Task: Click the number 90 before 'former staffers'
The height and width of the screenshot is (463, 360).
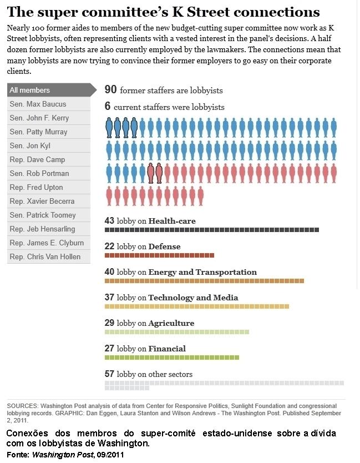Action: click(x=110, y=90)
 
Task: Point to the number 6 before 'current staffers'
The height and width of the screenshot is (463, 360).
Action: click(x=108, y=107)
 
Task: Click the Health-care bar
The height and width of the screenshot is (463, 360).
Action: click(x=211, y=230)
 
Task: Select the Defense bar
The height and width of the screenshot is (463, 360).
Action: click(x=159, y=255)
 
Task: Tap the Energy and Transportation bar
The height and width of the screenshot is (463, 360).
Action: click(x=204, y=281)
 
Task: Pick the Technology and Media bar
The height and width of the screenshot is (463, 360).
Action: click(x=197, y=306)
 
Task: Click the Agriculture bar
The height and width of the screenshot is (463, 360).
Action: click(x=177, y=332)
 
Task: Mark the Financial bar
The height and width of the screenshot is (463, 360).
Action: click(x=172, y=358)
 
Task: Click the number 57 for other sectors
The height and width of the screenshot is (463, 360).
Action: click(x=109, y=374)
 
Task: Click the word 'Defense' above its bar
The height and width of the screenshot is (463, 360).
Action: click(x=164, y=246)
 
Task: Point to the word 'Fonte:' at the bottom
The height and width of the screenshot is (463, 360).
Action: click(x=18, y=455)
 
